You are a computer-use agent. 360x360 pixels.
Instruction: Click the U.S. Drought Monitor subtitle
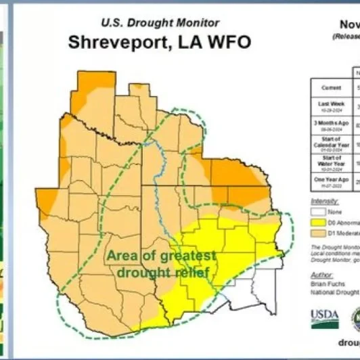coord(160,21)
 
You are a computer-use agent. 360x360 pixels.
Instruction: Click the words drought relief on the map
coord(162,273)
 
